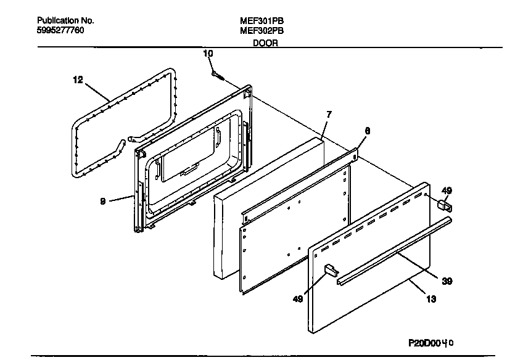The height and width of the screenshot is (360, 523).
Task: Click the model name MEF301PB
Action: (x=261, y=20)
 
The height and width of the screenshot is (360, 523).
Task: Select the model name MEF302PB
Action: (x=261, y=30)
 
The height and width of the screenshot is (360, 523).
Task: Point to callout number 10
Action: (x=208, y=54)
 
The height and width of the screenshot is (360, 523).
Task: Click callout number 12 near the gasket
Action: (x=77, y=80)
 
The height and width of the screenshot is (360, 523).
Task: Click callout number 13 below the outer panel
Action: (x=431, y=300)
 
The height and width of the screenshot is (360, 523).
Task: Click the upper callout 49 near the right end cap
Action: (x=447, y=190)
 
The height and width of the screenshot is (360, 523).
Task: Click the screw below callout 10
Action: (x=216, y=75)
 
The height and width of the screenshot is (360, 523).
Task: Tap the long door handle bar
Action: (x=395, y=250)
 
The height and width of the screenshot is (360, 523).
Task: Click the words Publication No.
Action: (x=65, y=20)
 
